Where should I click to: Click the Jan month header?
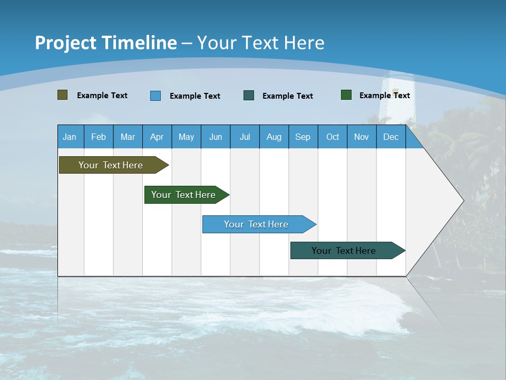pyautogui.click(x=70, y=137)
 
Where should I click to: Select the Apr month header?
pyautogui.click(x=157, y=137)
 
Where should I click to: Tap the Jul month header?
pyautogui.click(x=245, y=137)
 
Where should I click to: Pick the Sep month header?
pyautogui.click(x=303, y=137)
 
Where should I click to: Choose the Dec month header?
pyautogui.click(x=391, y=137)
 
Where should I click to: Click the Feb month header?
pyautogui.click(x=99, y=137)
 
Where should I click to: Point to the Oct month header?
pyautogui.click(x=333, y=137)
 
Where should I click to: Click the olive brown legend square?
pyautogui.click(x=62, y=95)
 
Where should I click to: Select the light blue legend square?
pyautogui.click(x=155, y=96)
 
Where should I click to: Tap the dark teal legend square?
pyautogui.click(x=249, y=96)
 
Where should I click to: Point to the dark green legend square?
pyautogui.click(x=346, y=95)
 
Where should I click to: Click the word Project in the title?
pyautogui.click(x=66, y=43)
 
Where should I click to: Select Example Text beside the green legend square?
pyautogui.click(x=384, y=95)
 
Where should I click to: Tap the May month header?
pyautogui.click(x=186, y=137)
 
